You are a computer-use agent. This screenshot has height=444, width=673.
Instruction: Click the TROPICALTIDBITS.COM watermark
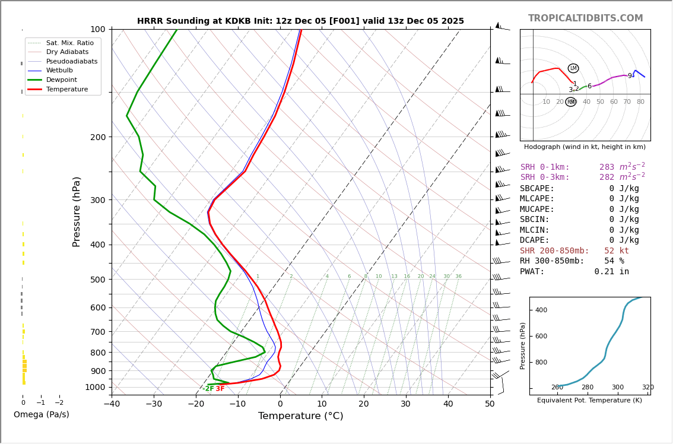click(585, 18)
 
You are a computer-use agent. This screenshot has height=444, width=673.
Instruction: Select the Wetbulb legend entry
click(59, 71)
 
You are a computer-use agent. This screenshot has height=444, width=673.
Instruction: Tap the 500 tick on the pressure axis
click(97, 280)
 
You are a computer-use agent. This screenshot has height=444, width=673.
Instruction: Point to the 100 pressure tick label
click(98, 29)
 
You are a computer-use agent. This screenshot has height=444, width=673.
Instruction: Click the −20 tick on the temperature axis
click(196, 404)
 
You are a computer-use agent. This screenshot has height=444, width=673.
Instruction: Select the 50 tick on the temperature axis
click(490, 404)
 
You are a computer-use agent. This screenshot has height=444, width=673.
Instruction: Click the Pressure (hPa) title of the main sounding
click(77, 211)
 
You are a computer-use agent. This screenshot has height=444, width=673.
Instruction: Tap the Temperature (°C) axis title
click(300, 416)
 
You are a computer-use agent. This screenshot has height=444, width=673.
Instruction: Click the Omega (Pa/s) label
click(42, 415)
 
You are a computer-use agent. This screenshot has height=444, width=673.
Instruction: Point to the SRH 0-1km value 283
click(608, 167)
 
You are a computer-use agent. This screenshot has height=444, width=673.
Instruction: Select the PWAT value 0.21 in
click(612, 272)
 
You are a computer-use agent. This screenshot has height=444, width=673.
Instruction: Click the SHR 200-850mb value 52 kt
click(617, 251)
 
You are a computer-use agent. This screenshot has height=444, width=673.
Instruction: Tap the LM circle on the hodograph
click(573, 68)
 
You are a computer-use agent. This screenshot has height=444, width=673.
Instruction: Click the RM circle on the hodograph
click(571, 102)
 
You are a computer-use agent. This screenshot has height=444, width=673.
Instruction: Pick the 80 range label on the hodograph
click(640, 102)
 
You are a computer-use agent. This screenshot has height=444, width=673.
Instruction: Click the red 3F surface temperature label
click(220, 389)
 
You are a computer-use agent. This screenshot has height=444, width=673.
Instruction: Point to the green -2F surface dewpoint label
click(208, 389)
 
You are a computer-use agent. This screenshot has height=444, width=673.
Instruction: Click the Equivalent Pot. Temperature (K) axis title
click(589, 401)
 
